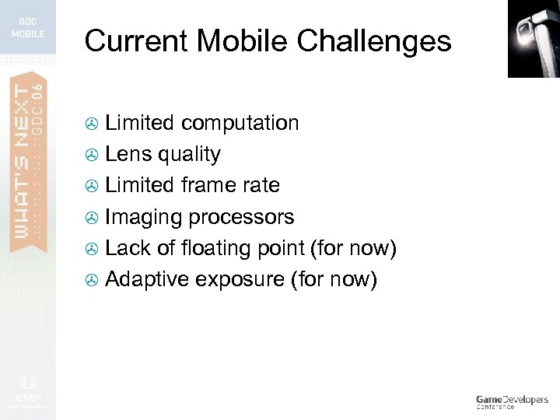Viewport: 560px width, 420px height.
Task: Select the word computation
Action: click(x=240, y=123)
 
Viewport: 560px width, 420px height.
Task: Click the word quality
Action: click(x=189, y=155)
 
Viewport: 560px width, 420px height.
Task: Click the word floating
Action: click(x=208, y=248)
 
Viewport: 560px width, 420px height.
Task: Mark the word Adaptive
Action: click(x=149, y=279)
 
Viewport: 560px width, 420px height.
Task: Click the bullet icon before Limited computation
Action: click(x=92, y=124)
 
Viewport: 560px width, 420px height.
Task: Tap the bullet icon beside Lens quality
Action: click(x=92, y=155)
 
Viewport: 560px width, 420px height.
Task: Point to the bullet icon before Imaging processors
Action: click(x=92, y=218)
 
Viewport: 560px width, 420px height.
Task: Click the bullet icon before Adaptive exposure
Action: click(x=92, y=280)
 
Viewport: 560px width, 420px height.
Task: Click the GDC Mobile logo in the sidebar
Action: click(x=28, y=28)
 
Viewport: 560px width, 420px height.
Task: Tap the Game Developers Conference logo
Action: click(x=511, y=401)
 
